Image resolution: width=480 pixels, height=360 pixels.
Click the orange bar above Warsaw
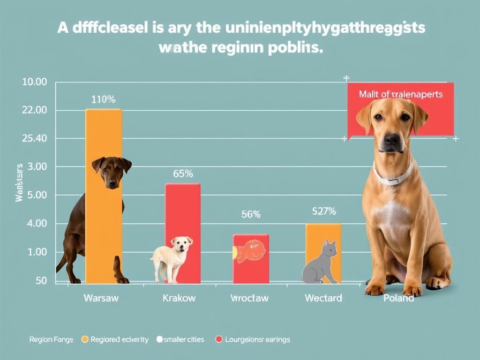coord(104,136)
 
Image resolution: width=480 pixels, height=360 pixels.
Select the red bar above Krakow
coord(183,211)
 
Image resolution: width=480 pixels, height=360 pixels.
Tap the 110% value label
coord(103,99)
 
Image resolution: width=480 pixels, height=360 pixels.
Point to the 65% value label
coord(183,173)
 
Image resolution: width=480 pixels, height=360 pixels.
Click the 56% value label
coord(251,215)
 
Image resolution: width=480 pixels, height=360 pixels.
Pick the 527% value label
coord(324,211)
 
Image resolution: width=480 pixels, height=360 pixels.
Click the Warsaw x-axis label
coord(101,298)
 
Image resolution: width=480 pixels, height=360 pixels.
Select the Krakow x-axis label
coord(179,298)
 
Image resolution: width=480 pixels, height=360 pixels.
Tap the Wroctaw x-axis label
coord(250,298)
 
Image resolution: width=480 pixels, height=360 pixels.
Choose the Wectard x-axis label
coord(323,298)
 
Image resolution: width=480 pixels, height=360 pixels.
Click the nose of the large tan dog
coord(392,139)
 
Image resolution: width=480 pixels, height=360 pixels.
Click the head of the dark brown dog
coord(112,171)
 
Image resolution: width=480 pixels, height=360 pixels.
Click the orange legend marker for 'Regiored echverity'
coord(85,339)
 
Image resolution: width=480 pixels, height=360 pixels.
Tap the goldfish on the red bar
coord(248,251)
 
